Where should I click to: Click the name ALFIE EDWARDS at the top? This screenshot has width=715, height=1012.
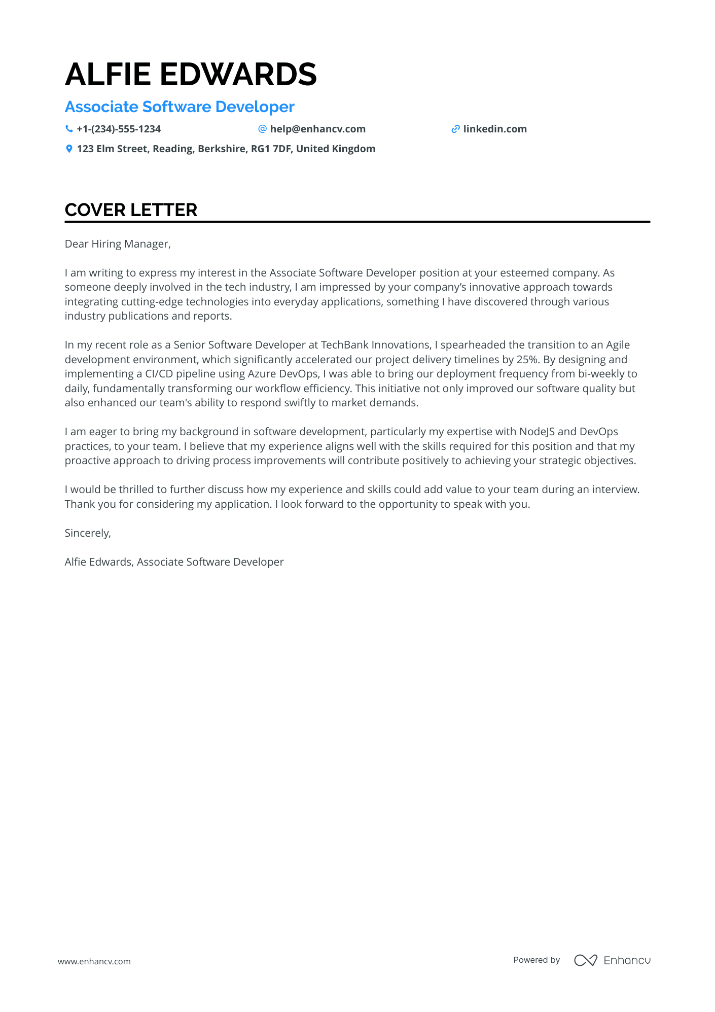click(191, 74)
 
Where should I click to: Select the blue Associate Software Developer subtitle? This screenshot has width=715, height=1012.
click(180, 107)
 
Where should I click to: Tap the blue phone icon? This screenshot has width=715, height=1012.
click(69, 129)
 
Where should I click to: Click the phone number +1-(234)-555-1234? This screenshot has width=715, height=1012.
click(119, 129)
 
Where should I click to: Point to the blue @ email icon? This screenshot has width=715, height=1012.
click(263, 129)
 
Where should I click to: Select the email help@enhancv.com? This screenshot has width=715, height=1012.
click(317, 129)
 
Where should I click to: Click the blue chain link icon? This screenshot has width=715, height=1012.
click(455, 129)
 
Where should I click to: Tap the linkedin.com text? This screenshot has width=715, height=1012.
click(495, 129)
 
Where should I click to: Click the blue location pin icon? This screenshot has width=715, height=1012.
click(69, 149)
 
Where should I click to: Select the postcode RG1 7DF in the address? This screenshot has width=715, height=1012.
click(271, 149)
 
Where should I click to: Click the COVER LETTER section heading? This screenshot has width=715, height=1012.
click(131, 210)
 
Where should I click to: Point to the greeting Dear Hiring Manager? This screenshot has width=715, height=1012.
click(118, 244)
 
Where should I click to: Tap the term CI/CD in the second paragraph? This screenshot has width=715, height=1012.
click(159, 374)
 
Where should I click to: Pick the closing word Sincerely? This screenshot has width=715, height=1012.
click(88, 533)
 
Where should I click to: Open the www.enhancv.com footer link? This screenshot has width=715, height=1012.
click(94, 961)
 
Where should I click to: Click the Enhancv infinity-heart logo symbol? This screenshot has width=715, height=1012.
click(585, 960)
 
